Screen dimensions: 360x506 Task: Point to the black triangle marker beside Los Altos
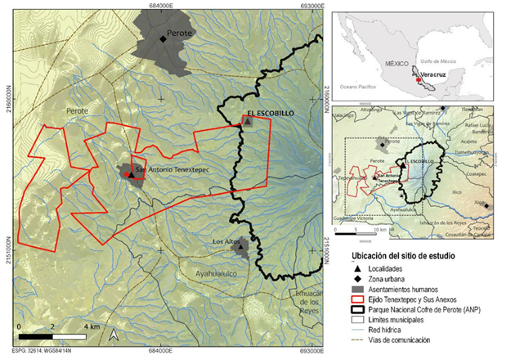pyautogui.click(x=244, y=248)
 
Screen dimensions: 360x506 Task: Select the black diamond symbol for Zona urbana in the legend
pyautogui.click(x=349, y=280)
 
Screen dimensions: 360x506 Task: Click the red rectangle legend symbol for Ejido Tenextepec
pyautogui.click(x=349, y=300)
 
